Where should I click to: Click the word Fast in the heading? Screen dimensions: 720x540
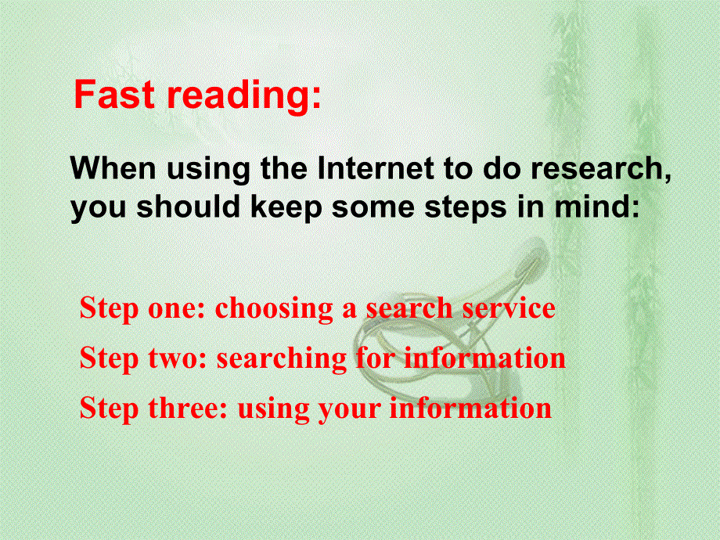[x=114, y=94]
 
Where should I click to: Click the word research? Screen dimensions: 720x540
[x=601, y=169]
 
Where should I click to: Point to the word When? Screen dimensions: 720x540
[x=113, y=168]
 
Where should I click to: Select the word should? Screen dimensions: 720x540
[x=189, y=207]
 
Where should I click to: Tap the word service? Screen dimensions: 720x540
[x=509, y=308]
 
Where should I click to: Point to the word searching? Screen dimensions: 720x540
[x=282, y=359]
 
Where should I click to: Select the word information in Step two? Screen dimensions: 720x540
[x=484, y=358]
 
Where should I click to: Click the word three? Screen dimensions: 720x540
[x=187, y=407]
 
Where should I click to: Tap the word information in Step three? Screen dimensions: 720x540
[x=470, y=407]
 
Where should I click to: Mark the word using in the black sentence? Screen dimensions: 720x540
[x=208, y=170]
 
